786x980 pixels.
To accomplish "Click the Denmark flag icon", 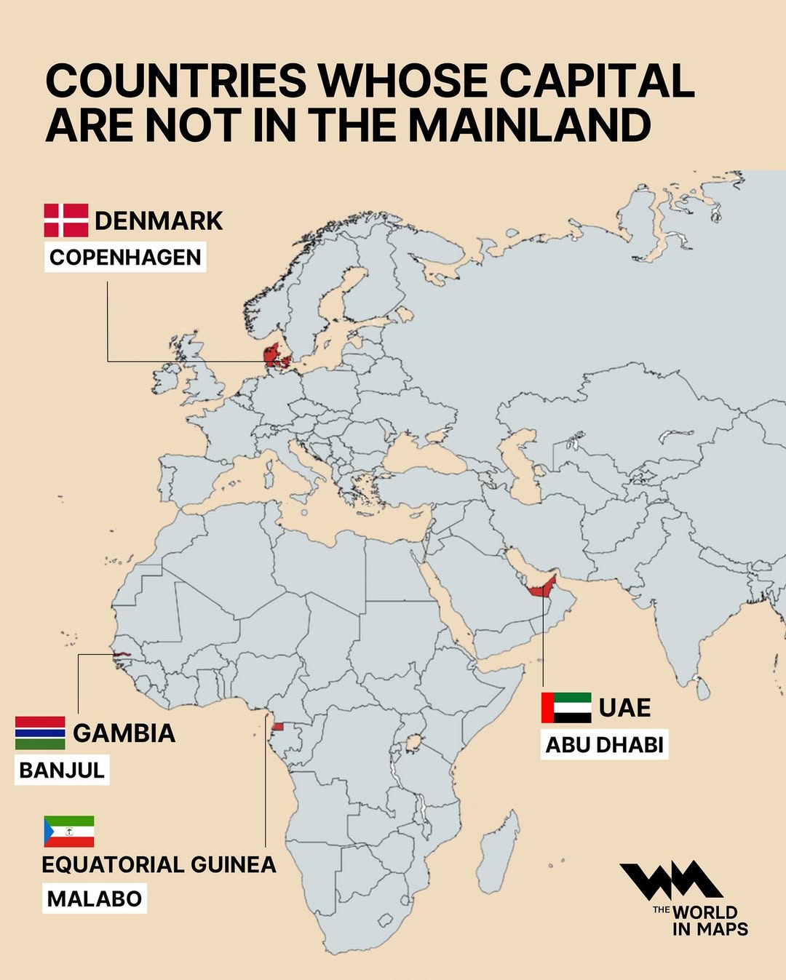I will pyautogui.click(x=66, y=220).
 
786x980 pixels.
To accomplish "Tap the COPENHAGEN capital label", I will pyautogui.click(x=125, y=258).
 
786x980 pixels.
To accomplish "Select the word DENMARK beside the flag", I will pyautogui.click(x=159, y=220).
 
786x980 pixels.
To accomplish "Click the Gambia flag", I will pyautogui.click(x=40, y=733).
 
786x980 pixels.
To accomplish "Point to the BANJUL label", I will pyautogui.click(x=62, y=770).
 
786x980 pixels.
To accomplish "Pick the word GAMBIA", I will pyautogui.click(x=124, y=733).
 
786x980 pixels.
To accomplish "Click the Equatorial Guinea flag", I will pyautogui.click(x=69, y=832).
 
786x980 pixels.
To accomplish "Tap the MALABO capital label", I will pyautogui.click(x=95, y=899).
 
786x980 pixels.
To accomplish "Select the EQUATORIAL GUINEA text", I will pyautogui.click(x=159, y=864).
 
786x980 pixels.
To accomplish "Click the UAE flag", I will pyautogui.click(x=566, y=707).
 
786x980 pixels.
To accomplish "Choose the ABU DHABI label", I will pyautogui.click(x=604, y=745).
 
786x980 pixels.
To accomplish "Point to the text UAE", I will pyautogui.click(x=624, y=707).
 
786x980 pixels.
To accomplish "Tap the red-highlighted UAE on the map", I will pyautogui.click(x=543, y=588).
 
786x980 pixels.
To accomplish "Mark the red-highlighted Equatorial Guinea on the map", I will pyautogui.click(x=277, y=727).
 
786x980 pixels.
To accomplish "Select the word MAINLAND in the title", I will pyautogui.click(x=529, y=125).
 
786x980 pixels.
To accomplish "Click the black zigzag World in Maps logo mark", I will pyautogui.click(x=670, y=881).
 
